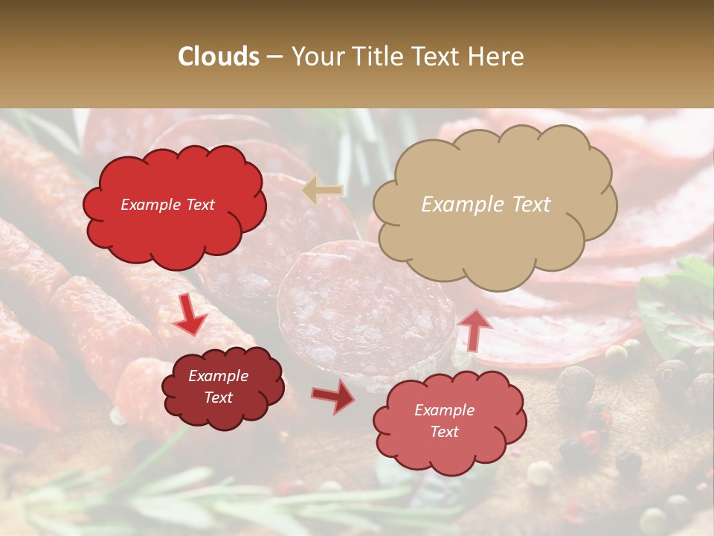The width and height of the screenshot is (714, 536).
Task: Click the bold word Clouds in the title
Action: pos(219,57)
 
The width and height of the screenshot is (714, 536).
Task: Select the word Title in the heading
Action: pos(376,57)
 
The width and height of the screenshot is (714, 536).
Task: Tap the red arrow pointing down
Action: pos(190,316)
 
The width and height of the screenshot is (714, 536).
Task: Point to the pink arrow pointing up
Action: pos(475,329)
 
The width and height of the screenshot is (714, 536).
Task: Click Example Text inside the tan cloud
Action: pos(486,205)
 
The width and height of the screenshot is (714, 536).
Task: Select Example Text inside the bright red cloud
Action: pos(167,205)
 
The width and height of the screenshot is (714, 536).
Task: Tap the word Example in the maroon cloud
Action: pos(218,377)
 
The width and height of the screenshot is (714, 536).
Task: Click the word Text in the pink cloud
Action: pos(444,432)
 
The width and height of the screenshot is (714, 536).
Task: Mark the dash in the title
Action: pos(275,57)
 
